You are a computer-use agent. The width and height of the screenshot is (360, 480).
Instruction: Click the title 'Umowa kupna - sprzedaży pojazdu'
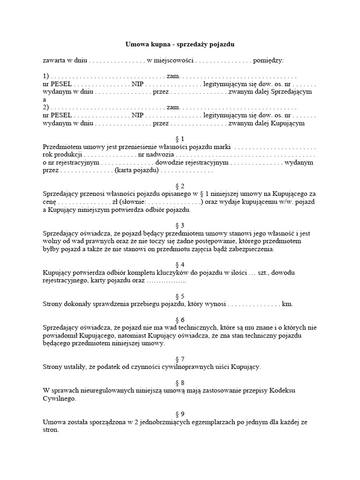coord(180,45)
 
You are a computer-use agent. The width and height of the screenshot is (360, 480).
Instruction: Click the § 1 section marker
coord(180,139)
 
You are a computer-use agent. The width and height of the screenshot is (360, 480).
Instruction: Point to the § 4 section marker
coord(180,265)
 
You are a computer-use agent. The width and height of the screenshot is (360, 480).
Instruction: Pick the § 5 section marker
coord(180,296)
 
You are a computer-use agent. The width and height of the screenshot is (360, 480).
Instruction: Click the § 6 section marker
coord(180,320)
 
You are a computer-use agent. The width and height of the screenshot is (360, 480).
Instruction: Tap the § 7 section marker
coord(180,359)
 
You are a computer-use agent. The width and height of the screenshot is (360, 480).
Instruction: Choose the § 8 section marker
coord(180,383)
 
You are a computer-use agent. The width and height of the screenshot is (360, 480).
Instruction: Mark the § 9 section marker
coord(180,414)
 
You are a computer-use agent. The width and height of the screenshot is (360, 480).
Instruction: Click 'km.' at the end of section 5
coord(287,304)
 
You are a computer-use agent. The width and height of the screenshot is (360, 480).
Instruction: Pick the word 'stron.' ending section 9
coord(51,430)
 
